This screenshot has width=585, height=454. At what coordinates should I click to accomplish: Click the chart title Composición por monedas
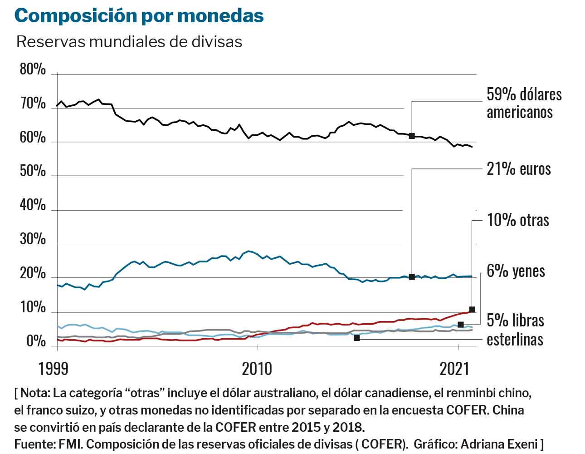(x=139, y=15)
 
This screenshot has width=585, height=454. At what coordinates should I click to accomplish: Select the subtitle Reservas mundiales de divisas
(x=129, y=42)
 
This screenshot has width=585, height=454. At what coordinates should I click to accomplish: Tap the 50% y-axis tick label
(x=33, y=172)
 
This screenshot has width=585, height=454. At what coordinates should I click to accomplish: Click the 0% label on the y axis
(x=35, y=341)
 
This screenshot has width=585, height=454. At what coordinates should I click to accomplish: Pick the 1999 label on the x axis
(x=54, y=369)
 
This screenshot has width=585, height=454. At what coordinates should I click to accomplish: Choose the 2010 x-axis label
(x=257, y=369)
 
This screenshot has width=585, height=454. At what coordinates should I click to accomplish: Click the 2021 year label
(x=454, y=369)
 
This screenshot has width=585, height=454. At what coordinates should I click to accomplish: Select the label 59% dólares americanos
(x=524, y=103)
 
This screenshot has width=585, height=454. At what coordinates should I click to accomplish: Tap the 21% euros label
(x=518, y=169)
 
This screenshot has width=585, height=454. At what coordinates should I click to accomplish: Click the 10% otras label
(x=517, y=220)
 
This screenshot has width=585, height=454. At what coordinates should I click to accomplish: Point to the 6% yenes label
(x=516, y=271)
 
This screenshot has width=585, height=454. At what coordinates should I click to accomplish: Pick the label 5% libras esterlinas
(x=515, y=330)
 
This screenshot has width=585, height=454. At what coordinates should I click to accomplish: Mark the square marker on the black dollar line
(x=412, y=136)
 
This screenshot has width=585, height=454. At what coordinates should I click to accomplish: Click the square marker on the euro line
(x=412, y=276)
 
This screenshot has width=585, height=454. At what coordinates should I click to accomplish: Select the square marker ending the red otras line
(x=472, y=310)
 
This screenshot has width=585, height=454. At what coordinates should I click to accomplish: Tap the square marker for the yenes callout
(x=461, y=325)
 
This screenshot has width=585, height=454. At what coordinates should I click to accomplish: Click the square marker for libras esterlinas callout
(x=356, y=338)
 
